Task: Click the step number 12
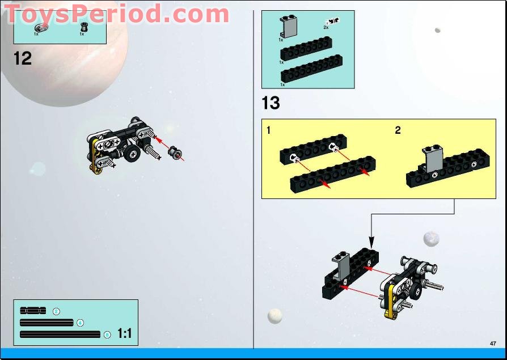(x=23, y=58)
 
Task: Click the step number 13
(x=271, y=103)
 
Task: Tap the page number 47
(x=493, y=343)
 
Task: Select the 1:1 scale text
(x=125, y=334)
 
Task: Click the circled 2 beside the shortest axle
(x=56, y=311)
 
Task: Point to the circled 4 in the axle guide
(x=80, y=323)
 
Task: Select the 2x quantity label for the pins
(x=326, y=27)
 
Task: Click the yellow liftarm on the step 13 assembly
(x=390, y=298)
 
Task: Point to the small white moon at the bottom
(x=275, y=316)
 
